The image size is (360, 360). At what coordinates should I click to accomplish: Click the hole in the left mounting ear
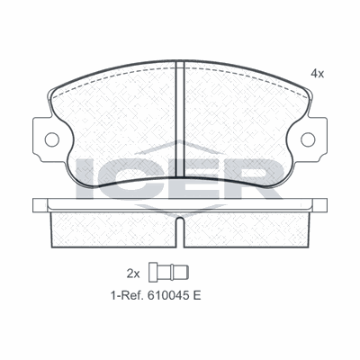tap(52, 139)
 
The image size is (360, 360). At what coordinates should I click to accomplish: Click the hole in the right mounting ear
tap(308, 139)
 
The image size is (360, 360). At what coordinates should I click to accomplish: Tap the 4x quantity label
tap(317, 74)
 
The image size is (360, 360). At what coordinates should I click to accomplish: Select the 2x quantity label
tap(133, 274)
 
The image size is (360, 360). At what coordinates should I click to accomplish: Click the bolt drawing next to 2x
tap(169, 272)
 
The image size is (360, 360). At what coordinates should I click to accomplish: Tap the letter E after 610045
tap(197, 296)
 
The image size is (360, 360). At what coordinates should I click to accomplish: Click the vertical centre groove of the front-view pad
tap(180, 119)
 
